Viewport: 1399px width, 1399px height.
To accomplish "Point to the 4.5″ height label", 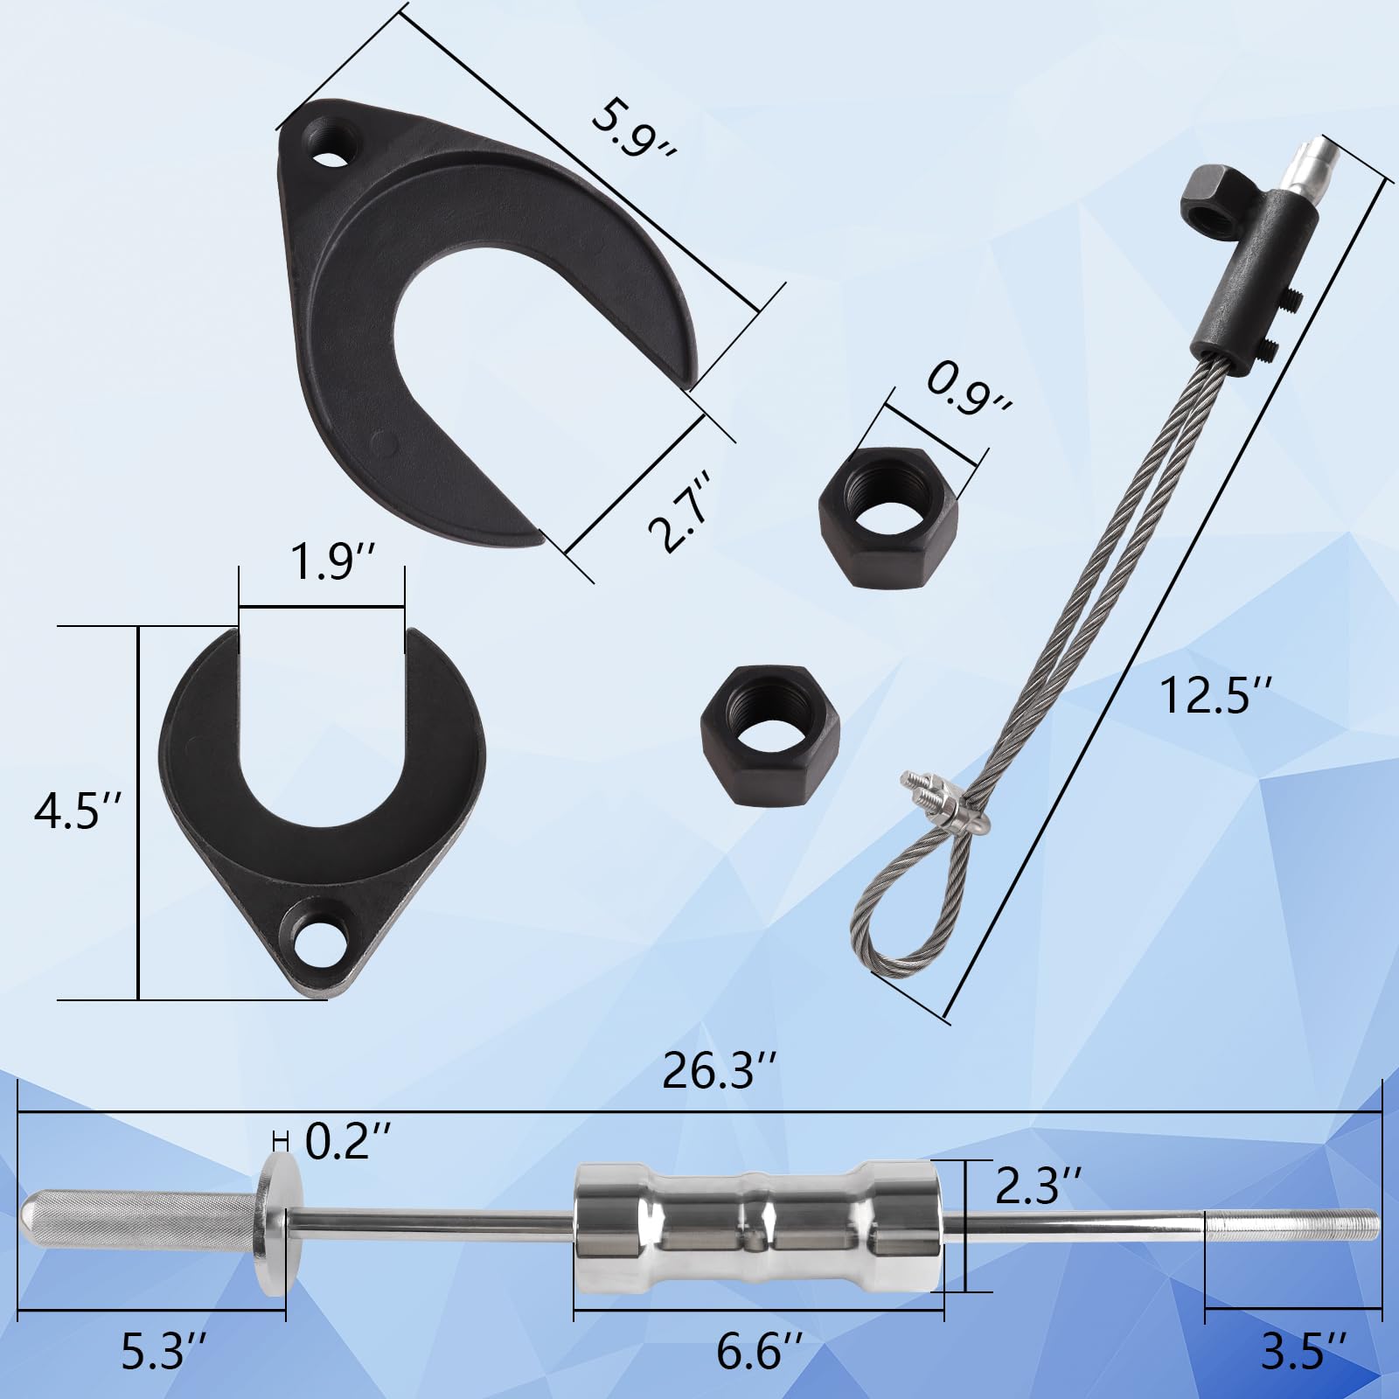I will click(75, 812).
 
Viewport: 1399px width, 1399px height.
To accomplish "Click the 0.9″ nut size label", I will click(968, 391).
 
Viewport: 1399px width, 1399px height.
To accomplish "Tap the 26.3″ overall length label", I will click(720, 1073).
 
